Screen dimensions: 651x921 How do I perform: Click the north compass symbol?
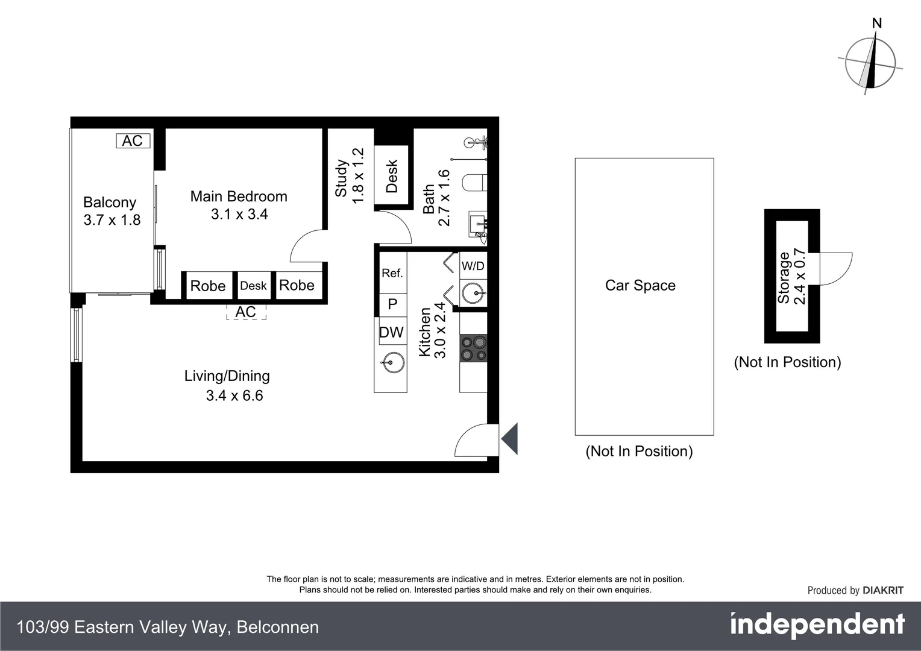point(870,63)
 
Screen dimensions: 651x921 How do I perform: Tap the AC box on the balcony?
point(133,141)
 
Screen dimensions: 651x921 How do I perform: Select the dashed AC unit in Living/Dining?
point(246,312)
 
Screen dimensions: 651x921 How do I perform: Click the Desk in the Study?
point(391,175)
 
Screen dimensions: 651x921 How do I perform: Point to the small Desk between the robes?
point(253,286)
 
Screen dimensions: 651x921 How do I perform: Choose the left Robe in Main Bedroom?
point(207,286)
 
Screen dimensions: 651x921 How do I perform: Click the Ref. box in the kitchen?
point(392,273)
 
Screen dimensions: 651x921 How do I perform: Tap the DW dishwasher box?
point(391,332)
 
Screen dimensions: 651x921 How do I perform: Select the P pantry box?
point(392,304)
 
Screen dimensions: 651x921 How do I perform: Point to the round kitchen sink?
point(390,362)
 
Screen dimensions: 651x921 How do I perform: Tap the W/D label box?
point(473,266)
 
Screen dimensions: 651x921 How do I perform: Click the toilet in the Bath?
point(475,182)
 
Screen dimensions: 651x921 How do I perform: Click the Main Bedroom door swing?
point(307,247)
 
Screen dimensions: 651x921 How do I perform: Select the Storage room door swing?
point(835,269)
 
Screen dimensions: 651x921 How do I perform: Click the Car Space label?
point(640,286)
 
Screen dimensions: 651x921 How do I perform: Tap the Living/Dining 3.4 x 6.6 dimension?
point(234,395)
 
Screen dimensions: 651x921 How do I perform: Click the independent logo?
point(817,625)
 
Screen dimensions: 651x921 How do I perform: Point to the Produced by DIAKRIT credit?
point(855,591)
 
